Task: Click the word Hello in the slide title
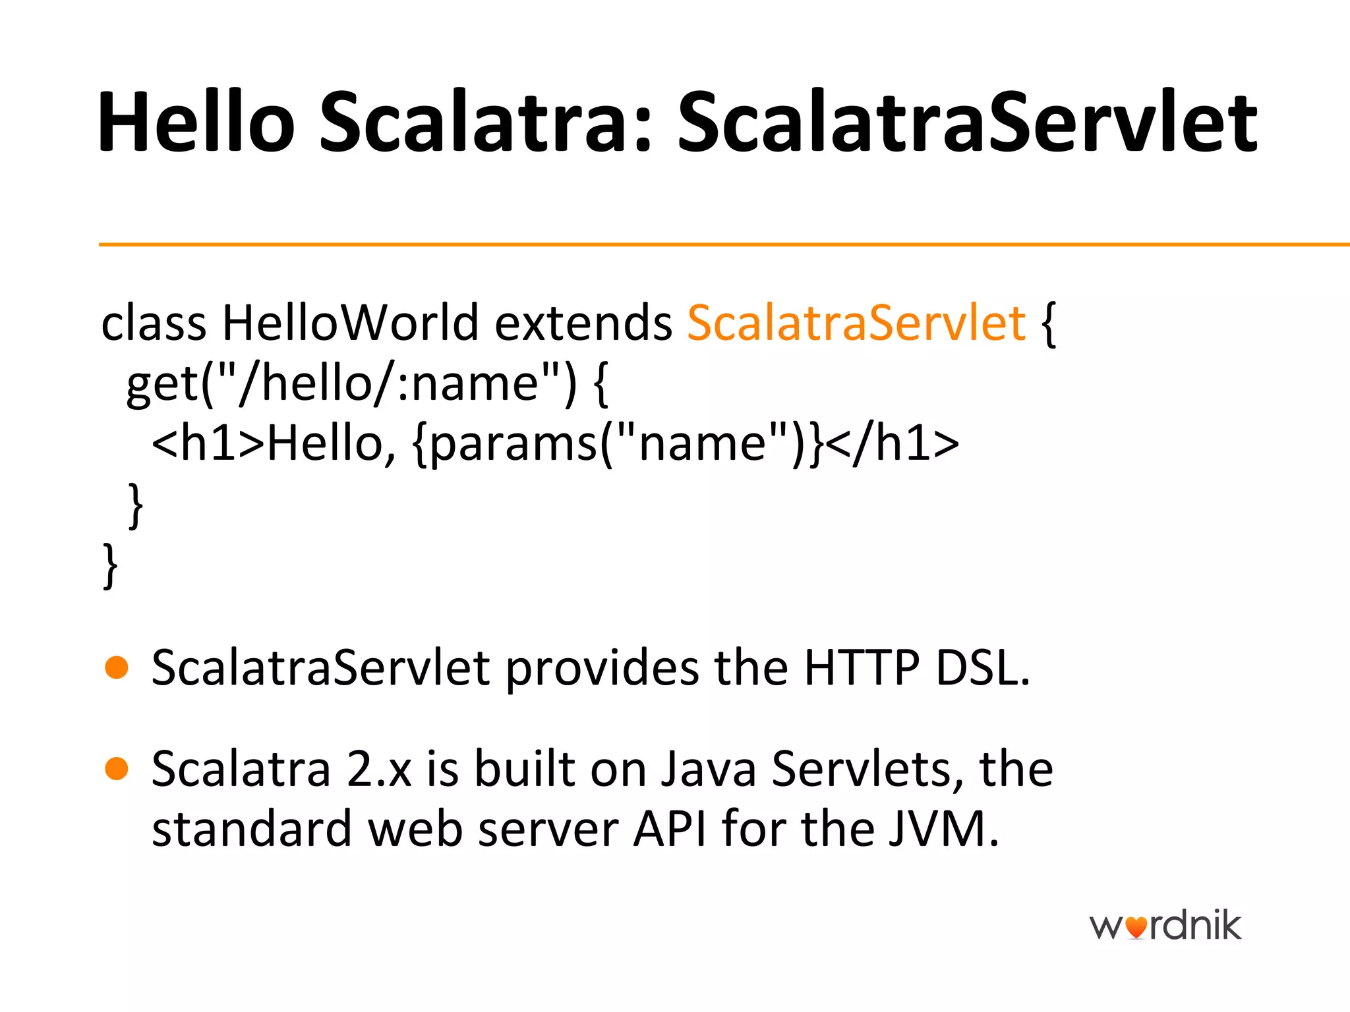pos(196,123)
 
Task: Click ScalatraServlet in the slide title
pos(967,123)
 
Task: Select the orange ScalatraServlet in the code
pos(856,323)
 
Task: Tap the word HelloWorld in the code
pos(350,323)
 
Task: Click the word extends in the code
pos(583,323)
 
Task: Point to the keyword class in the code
pos(154,323)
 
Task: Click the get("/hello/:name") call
pos(349,383)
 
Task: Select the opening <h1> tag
pos(208,443)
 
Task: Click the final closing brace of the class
pos(111,565)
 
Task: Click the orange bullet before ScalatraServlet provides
pos(117,667)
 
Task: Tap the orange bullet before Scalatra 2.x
pos(117,768)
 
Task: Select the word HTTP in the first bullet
pos(861,668)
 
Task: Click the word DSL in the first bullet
pos(982,668)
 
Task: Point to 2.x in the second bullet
pos(379,769)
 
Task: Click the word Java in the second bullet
pos(708,769)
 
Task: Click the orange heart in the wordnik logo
pos(1136,928)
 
